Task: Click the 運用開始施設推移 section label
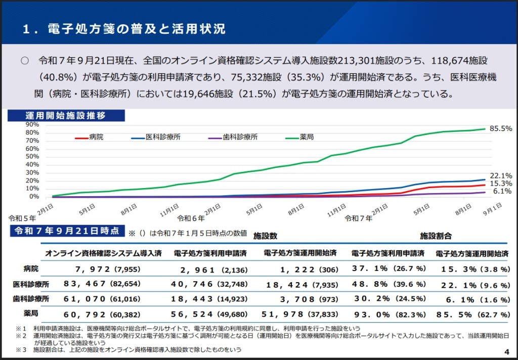click(x=66, y=115)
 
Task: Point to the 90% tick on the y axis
click(x=32, y=124)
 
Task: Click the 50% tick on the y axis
click(x=32, y=157)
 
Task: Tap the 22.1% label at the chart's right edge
click(x=501, y=176)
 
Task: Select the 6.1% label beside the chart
click(x=502, y=191)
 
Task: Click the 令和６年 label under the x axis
click(x=191, y=218)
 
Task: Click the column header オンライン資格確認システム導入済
click(x=103, y=253)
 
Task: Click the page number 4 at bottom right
click(x=506, y=352)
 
